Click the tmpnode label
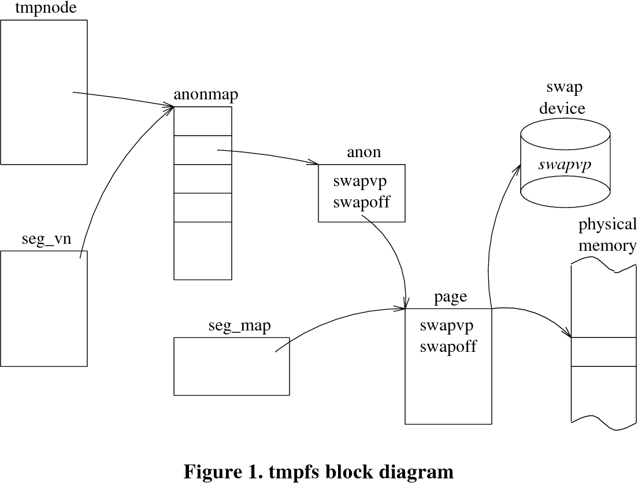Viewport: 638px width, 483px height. (46, 8)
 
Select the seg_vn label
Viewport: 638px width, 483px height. (46, 239)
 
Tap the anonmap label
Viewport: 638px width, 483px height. (206, 95)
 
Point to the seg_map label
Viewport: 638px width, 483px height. (240, 326)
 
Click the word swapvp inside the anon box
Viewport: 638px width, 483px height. (360, 181)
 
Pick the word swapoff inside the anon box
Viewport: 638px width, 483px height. (362, 202)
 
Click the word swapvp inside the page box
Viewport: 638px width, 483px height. (447, 326)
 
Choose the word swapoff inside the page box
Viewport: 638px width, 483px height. (448, 346)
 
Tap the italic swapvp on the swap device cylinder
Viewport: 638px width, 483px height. (565, 165)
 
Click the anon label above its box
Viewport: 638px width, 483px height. (363, 152)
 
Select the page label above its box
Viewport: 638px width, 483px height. (450, 297)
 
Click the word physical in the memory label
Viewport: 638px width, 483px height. (607, 224)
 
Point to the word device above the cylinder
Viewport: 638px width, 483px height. (562, 108)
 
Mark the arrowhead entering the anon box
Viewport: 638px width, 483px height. (315, 163)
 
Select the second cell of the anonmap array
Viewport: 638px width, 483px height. (203, 150)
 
